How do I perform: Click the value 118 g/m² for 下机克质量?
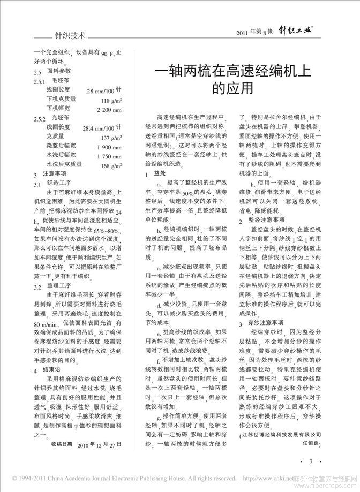pyautogui.click(x=111, y=100)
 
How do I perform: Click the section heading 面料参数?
pyautogui.click(x=59, y=71)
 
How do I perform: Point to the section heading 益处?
pyautogui.click(x=160, y=174)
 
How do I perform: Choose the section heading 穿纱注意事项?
pyautogui.click(x=268, y=323)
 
